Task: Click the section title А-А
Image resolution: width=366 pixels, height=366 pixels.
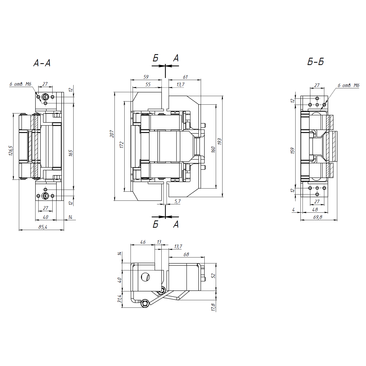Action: point(42,63)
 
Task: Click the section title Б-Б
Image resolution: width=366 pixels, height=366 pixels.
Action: point(315,62)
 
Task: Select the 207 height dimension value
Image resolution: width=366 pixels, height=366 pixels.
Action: point(112,134)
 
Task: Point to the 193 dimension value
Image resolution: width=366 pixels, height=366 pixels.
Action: point(219,141)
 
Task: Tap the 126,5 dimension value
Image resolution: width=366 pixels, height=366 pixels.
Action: point(11,150)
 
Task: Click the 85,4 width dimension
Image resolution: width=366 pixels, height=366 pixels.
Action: point(43,227)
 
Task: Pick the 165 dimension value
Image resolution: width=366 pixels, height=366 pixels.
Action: point(71,153)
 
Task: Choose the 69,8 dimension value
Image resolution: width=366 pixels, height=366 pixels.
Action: point(318,217)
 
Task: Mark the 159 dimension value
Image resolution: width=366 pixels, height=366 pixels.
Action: point(292,151)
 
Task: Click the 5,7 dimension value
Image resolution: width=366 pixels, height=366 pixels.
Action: point(177,201)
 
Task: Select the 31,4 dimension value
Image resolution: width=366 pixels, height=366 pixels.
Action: point(119,299)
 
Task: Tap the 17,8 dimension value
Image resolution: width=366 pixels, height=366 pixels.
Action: point(213,307)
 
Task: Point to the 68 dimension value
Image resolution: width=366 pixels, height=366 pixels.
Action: point(186,254)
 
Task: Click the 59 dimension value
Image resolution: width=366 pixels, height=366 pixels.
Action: point(146,77)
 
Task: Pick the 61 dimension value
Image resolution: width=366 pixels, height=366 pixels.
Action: point(185,77)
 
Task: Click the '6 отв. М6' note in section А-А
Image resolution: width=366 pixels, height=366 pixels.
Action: point(20,84)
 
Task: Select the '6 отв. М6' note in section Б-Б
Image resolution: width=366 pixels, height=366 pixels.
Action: point(348,85)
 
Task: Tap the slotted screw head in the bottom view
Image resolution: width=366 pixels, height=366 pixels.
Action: point(145,277)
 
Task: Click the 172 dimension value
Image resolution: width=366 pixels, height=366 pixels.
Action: point(122,145)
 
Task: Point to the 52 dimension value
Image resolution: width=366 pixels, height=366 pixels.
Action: point(213,276)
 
